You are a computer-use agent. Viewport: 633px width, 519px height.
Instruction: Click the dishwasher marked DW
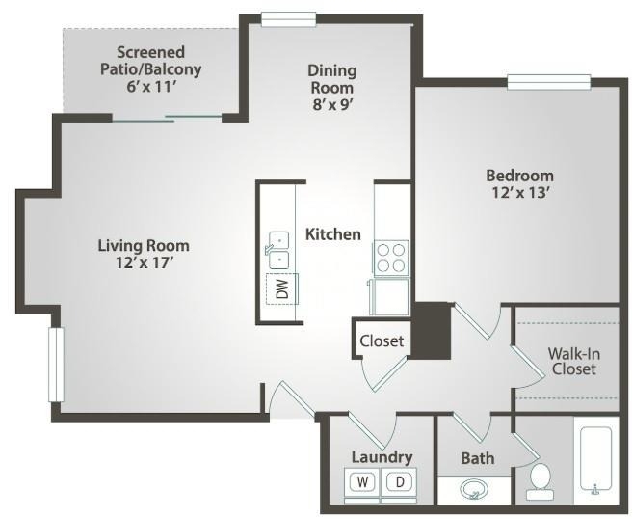282,288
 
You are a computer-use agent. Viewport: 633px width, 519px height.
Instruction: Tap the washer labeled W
362,481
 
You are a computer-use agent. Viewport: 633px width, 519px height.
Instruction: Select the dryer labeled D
399,481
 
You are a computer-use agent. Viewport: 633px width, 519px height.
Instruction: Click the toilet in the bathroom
540,481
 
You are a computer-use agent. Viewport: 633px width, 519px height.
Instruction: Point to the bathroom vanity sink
474,489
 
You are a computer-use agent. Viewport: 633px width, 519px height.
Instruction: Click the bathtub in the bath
596,460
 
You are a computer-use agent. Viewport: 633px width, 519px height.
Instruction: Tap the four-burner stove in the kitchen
391,258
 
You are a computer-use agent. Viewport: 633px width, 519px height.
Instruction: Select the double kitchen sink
278,250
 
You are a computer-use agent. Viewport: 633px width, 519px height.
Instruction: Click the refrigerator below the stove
390,296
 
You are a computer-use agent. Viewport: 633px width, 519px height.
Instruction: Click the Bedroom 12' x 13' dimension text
520,193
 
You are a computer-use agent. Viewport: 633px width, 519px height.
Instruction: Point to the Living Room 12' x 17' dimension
145,262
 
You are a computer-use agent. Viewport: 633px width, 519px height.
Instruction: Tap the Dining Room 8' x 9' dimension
332,105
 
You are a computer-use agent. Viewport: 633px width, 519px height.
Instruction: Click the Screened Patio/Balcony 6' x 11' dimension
150,87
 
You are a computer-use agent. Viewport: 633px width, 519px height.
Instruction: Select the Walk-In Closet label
573,361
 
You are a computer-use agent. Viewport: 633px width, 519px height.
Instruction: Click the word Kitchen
333,234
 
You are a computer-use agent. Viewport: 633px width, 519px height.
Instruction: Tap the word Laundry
382,457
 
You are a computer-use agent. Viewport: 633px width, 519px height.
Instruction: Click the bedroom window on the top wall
549,82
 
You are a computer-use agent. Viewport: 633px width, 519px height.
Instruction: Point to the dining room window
288,19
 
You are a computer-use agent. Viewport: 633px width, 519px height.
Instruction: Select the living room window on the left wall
56,365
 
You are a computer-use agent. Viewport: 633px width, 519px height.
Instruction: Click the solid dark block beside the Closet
431,331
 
